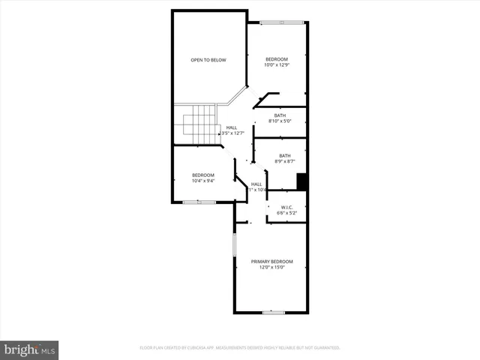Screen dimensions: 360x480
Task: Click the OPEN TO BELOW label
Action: [208, 60]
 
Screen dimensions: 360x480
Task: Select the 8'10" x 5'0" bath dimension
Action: [280, 121]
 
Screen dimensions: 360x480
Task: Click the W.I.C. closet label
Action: [286, 207]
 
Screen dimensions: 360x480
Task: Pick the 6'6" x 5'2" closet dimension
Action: [286, 213]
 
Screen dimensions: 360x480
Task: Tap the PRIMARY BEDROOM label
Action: [271, 261]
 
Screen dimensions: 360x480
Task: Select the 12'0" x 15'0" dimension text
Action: [271, 267]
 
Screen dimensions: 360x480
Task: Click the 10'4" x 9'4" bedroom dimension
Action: [202, 181]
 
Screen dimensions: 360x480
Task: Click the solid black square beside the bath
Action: [302, 181]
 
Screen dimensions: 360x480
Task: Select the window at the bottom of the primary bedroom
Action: [273, 312]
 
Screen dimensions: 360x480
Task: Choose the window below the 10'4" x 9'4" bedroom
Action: [199, 202]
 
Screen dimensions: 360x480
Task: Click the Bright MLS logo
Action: [30, 349]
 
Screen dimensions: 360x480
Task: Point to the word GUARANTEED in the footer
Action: [328, 348]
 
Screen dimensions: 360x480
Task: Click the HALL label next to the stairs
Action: [232, 127]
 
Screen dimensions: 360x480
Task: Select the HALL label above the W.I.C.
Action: [256, 184]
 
